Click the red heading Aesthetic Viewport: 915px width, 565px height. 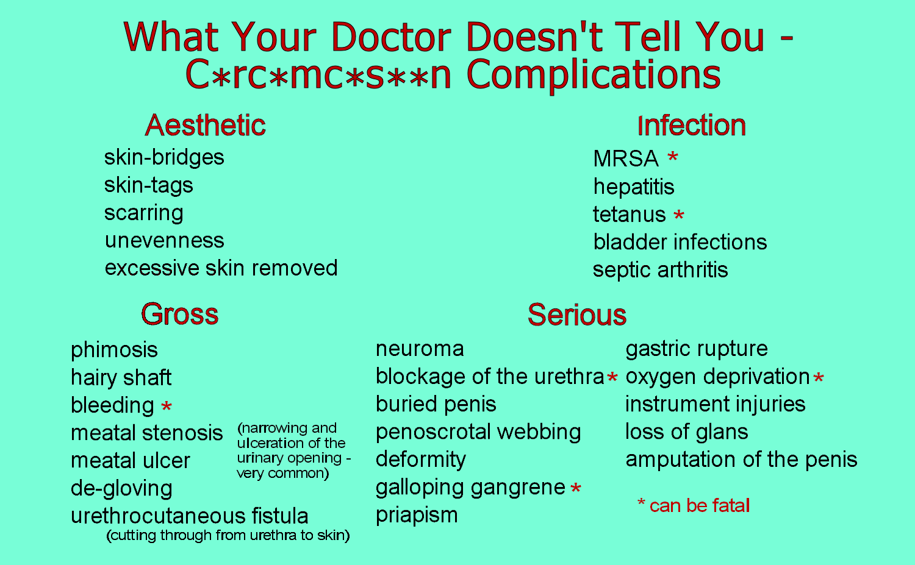[x=205, y=126]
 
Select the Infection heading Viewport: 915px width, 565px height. [x=691, y=126]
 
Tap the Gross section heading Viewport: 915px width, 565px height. [x=179, y=314]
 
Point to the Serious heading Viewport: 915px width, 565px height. [x=576, y=315]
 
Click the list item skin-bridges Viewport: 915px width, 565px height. [x=164, y=157]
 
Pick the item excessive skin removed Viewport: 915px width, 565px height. [x=221, y=268]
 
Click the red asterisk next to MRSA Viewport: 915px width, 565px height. [x=672, y=158]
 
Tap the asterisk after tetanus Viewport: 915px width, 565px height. [x=679, y=216]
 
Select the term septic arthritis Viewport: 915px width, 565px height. [x=660, y=270]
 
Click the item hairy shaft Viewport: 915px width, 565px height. [x=121, y=378]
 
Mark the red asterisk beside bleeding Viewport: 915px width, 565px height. [x=166, y=407]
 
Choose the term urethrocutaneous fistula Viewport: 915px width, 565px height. [x=189, y=516]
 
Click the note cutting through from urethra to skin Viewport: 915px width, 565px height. [x=228, y=536]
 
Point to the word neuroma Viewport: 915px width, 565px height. [x=420, y=349]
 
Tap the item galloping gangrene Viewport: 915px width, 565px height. [x=470, y=487]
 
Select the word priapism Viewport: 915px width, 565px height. [x=417, y=515]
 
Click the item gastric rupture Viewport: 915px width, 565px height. [x=697, y=349]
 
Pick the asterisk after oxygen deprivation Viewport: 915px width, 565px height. [x=819, y=378]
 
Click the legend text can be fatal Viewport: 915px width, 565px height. [x=699, y=506]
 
